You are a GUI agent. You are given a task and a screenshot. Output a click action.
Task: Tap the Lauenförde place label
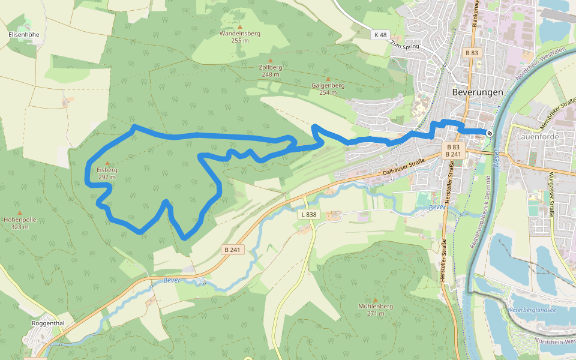click(537, 136)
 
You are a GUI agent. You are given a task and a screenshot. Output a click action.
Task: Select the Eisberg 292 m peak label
click(107, 173)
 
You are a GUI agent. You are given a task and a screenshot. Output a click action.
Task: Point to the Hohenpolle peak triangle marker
click(20, 212)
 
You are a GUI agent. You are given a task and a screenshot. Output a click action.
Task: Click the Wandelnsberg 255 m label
click(239, 37)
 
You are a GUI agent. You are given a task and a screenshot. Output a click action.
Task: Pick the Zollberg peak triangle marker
click(270, 60)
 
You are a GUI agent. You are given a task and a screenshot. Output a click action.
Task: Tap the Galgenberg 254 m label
click(328, 89)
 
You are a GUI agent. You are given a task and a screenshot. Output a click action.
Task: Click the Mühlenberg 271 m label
click(376, 310)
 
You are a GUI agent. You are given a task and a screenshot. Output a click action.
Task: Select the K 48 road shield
click(380, 34)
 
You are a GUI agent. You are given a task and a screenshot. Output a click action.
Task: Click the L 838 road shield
click(308, 214)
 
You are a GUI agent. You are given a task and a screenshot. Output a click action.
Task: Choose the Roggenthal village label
click(48, 323)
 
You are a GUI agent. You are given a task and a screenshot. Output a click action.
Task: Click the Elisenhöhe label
click(24, 34)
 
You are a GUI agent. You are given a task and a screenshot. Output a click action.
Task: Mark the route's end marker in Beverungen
click(490, 133)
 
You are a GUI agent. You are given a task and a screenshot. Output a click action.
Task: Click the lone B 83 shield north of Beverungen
click(472, 53)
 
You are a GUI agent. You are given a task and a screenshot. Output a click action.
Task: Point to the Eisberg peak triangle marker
click(107, 163)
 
